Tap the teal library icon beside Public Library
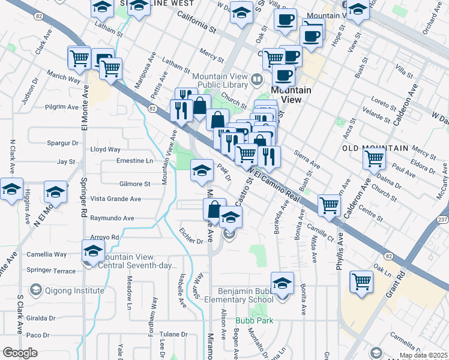[x=258, y=79]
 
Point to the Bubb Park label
[x=254, y=321]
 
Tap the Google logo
[x=20, y=353]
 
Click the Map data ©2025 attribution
[x=423, y=355]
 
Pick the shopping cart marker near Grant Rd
[x=361, y=281]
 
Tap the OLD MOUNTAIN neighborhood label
[x=375, y=148]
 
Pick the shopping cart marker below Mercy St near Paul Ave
[x=373, y=158]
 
